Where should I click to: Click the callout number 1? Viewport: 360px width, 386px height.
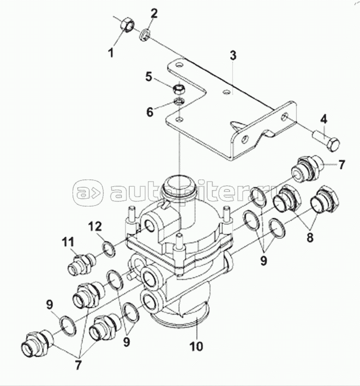click(x=110, y=52)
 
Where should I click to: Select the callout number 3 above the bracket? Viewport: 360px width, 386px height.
click(x=233, y=56)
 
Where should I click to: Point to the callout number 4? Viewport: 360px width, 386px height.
click(x=324, y=119)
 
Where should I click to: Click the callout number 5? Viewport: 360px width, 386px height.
click(x=149, y=77)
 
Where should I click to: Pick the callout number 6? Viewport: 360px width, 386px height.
click(x=150, y=112)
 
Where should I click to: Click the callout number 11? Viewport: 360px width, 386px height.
click(x=68, y=242)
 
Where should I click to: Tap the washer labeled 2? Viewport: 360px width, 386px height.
click(x=145, y=34)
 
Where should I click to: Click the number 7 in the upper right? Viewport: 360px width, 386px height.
click(x=341, y=165)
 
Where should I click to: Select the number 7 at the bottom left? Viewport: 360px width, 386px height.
click(x=79, y=365)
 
